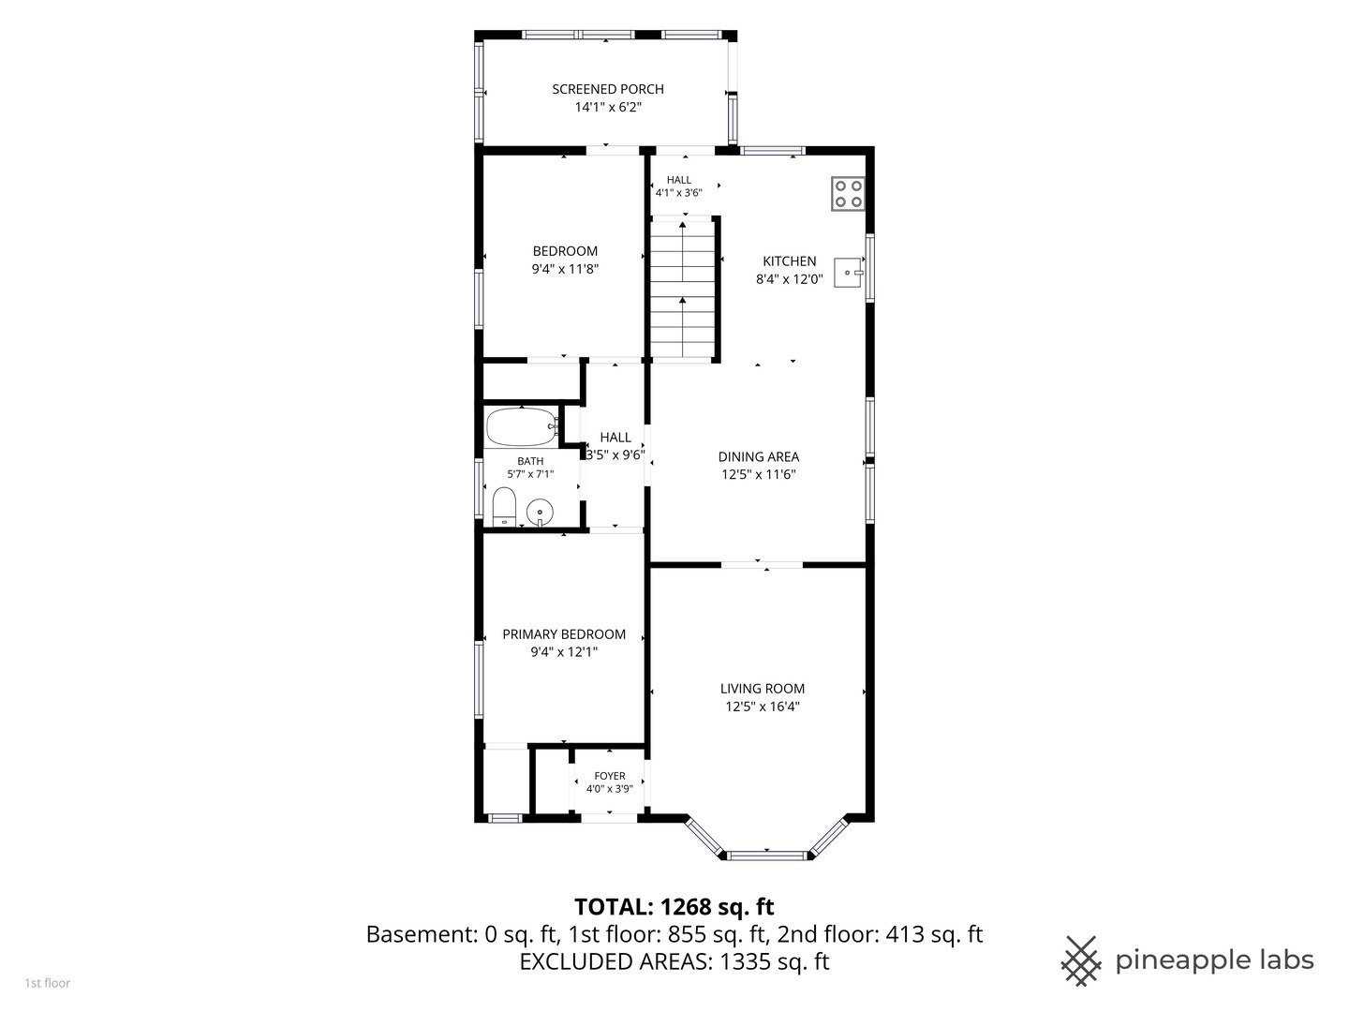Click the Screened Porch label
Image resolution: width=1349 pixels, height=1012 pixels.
point(608,89)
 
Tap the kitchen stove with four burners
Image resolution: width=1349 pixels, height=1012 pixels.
point(848,194)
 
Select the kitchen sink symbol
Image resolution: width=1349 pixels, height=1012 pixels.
point(849,272)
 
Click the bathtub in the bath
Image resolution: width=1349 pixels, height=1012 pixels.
point(522,426)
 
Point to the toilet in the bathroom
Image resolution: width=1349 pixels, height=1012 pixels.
point(504,507)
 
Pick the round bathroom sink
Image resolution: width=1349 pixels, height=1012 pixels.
point(540,512)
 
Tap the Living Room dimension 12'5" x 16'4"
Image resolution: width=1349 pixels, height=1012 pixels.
point(762,707)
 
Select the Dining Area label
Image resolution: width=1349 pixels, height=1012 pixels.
point(759,456)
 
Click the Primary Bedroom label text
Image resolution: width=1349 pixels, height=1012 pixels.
point(564,634)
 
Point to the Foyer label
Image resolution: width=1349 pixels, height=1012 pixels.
point(610,776)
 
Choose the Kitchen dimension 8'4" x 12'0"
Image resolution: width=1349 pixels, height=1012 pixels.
point(789,279)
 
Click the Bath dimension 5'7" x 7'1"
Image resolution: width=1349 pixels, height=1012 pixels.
point(530,474)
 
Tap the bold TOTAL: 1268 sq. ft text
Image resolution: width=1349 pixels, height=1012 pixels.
point(674,906)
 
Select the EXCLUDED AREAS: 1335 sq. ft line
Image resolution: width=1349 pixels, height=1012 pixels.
point(674,961)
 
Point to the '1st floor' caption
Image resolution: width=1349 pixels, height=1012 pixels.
point(48,983)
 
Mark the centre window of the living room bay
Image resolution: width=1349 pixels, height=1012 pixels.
point(766,856)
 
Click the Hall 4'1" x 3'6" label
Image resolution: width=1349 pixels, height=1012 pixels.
point(679,186)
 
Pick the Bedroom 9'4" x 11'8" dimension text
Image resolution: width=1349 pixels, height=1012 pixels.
point(565,269)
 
